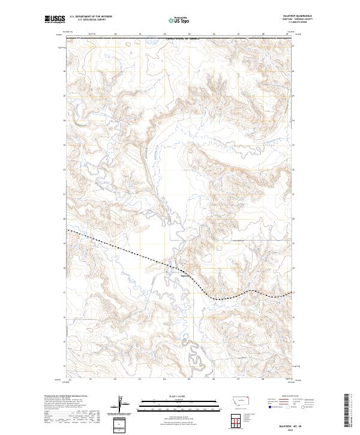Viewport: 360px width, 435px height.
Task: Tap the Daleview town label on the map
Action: pos(186,275)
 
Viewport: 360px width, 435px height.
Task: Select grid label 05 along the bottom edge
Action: pos(189,379)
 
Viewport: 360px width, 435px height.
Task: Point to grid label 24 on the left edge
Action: pos(65,120)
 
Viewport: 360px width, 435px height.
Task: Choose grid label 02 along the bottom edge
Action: pos(115,379)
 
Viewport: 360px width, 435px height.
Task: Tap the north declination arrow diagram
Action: pos(123,406)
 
